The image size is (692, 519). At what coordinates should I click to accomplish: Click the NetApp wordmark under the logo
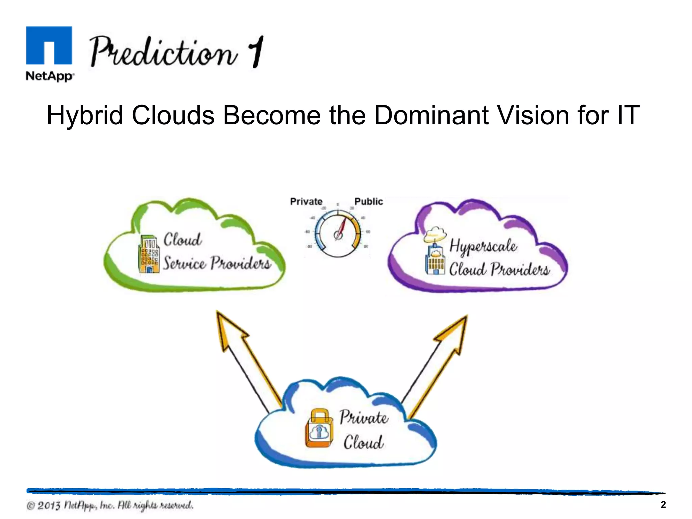click(50, 76)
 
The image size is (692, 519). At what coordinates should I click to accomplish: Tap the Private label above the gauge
click(306, 202)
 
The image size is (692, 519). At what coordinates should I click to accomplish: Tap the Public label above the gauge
click(368, 202)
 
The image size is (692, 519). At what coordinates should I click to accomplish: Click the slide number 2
click(663, 505)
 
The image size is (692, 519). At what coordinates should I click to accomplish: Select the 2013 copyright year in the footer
click(49, 506)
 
